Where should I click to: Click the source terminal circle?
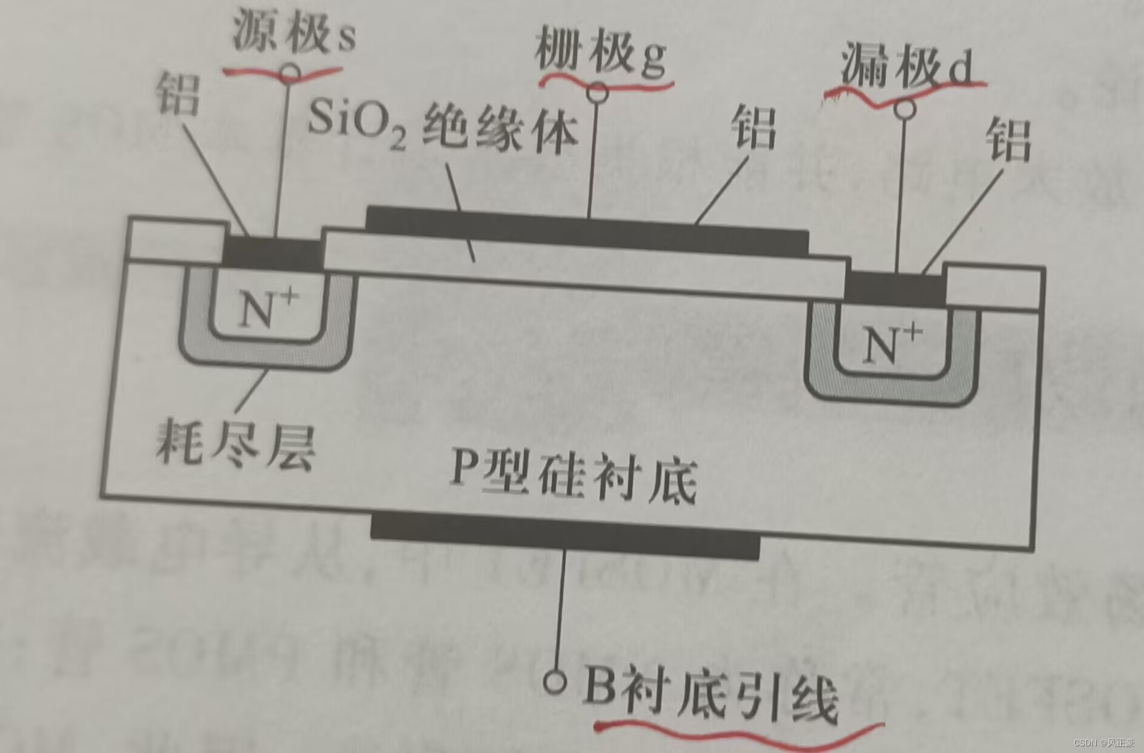point(290,73)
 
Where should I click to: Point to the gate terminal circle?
point(597,92)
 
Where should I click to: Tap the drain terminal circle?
point(906,109)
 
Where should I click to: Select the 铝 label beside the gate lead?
point(754,127)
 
